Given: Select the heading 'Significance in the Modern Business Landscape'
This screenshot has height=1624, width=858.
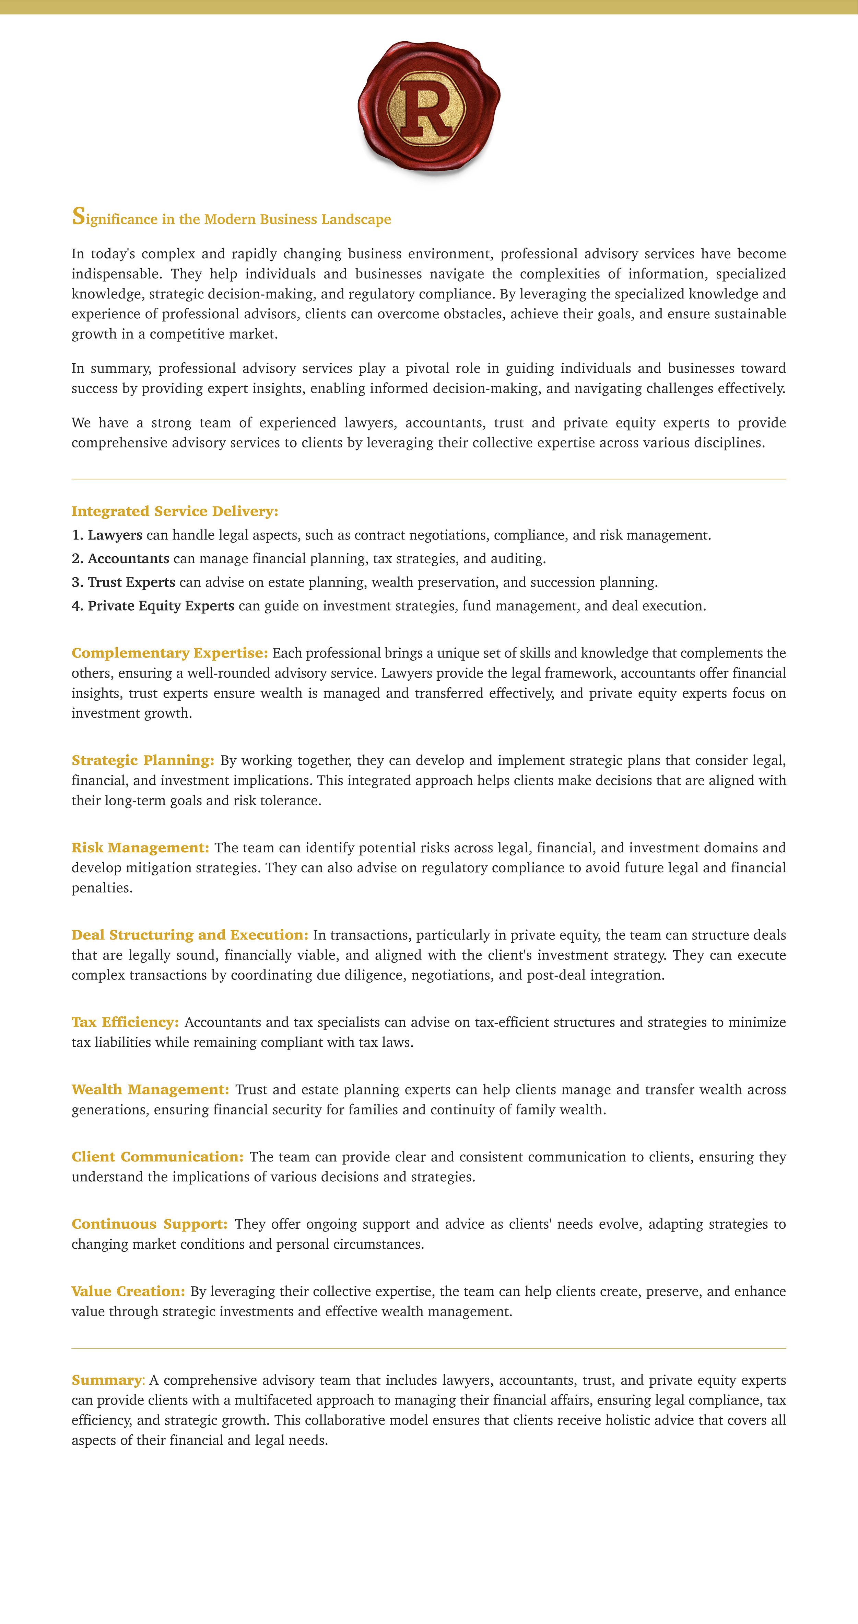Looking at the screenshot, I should [231, 218].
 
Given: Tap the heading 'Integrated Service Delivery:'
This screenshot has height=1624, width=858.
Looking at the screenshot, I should [175, 511].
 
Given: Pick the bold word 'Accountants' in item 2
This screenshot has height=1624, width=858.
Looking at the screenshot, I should [129, 559].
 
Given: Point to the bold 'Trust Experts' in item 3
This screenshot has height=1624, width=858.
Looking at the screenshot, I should [132, 582].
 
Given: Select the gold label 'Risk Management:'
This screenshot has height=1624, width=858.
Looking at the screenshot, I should [140, 848].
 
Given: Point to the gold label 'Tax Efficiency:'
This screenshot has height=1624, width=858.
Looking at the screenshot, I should [125, 1022].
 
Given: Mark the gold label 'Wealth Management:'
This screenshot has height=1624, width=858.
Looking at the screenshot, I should [150, 1089].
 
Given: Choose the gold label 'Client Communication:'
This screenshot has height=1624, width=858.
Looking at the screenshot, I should [157, 1157].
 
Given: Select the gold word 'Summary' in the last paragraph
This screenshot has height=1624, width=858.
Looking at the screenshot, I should [106, 1381].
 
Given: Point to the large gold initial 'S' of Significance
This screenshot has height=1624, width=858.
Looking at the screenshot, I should [78, 216].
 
